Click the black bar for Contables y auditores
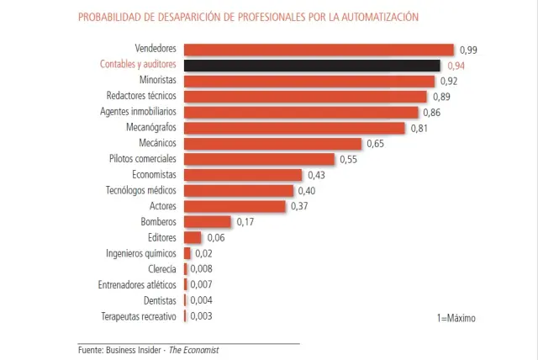(x=312, y=66)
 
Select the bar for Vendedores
(x=319, y=50)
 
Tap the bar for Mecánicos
(x=272, y=144)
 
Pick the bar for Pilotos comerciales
(x=259, y=159)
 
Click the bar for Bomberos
(x=207, y=222)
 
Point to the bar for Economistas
(x=242, y=175)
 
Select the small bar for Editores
(x=193, y=238)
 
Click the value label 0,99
(x=468, y=50)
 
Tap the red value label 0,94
(x=456, y=66)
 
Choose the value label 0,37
(x=300, y=207)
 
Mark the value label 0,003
(x=201, y=316)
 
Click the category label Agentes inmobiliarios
(x=138, y=112)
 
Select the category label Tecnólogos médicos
(x=141, y=191)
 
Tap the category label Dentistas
(x=160, y=300)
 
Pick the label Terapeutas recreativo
(x=138, y=316)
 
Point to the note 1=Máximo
(x=456, y=319)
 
